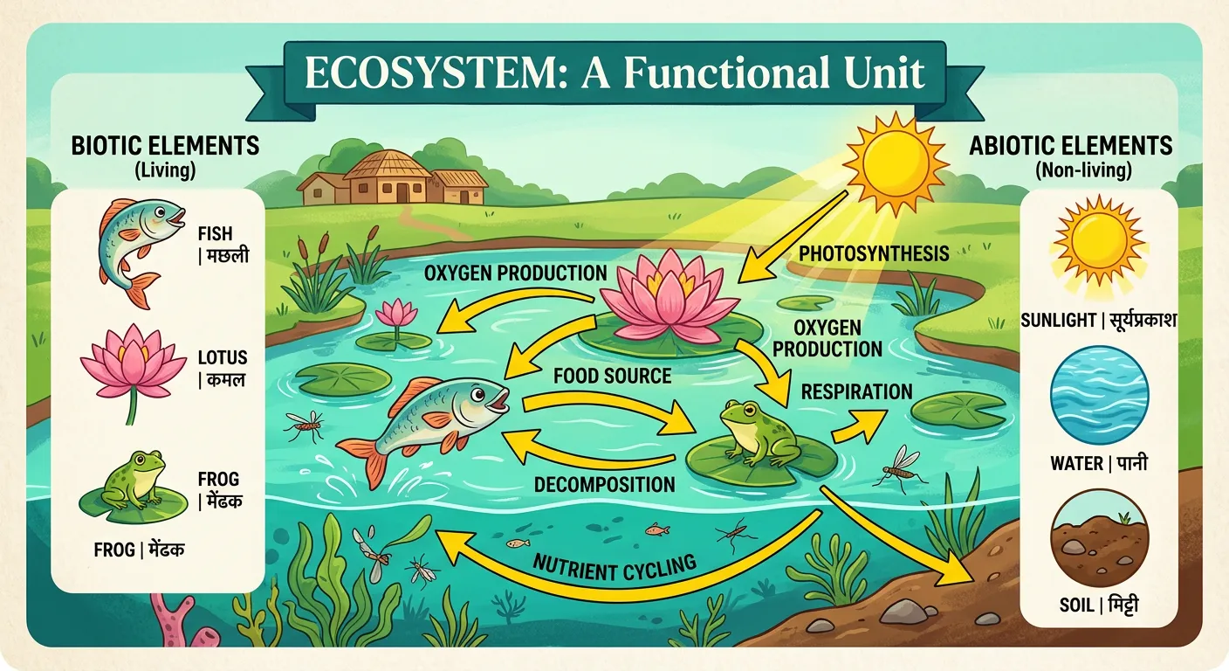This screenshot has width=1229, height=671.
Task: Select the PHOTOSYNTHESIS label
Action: (x=873, y=254)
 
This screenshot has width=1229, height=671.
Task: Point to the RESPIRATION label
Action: (x=857, y=391)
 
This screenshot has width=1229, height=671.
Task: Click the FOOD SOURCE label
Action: (x=612, y=377)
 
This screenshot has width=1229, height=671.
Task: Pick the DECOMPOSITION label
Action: (x=604, y=484)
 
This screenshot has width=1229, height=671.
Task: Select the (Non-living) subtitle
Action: (x=1082, y=171)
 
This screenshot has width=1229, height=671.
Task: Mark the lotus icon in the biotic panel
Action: (x=132, y=362)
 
